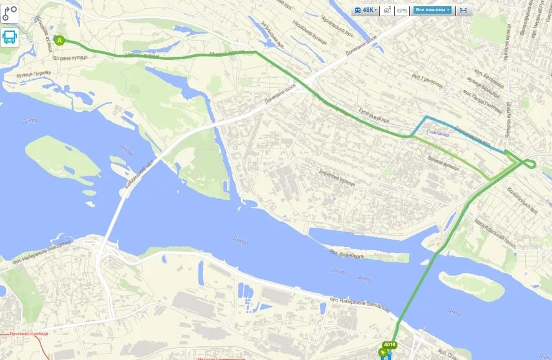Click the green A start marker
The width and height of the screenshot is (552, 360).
pyautogui.click(x=60, y=41)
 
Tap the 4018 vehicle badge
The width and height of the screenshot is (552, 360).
pyautogui.click(x=390, y=344)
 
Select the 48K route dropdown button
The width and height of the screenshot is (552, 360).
pyautogui.click(x=366, y=10)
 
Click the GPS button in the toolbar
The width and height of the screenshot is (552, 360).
pyautogui.click(x=402, y=10)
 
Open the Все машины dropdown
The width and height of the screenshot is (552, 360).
pyautogui.click(x=432, y=10)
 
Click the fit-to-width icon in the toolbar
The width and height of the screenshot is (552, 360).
pyautogui.click(x=463, y=10)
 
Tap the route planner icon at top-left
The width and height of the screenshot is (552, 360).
pyautogui.click(x=10, y=13)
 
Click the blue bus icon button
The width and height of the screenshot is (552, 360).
pyautogui.click(x=10, y=37)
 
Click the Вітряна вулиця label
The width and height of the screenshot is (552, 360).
pyautogui.click(x=70, y=57)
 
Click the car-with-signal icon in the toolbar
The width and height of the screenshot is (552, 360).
pyautogui.click(x=388, y=10)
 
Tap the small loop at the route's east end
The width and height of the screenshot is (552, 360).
pyautogui.click(x=530, y=163)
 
